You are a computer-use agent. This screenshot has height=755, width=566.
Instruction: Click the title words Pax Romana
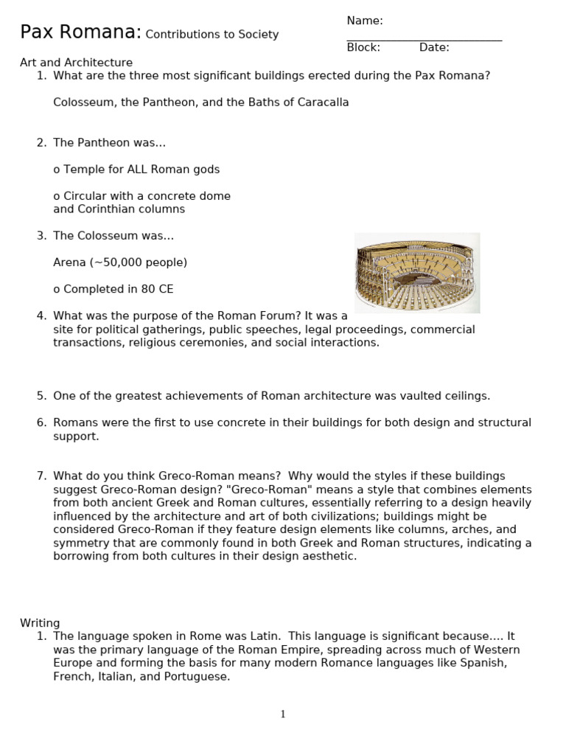tap(80, 32)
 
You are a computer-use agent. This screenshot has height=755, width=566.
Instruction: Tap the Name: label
tap(365, 21)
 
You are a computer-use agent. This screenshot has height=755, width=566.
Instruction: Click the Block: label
tap(363, 48)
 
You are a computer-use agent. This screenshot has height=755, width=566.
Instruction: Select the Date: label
tap(434, 48)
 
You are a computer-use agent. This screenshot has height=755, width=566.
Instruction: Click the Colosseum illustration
tap(417, 273)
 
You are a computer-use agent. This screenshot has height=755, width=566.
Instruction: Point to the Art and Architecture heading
tap(76, 63)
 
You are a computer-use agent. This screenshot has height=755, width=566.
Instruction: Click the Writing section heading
tap(40, 623)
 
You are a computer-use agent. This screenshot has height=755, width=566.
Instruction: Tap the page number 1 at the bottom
tap(283, 714)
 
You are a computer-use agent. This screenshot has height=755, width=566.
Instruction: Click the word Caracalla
tap(323, 102)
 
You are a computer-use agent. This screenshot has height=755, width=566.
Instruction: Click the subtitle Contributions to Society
tap(212, 35)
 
